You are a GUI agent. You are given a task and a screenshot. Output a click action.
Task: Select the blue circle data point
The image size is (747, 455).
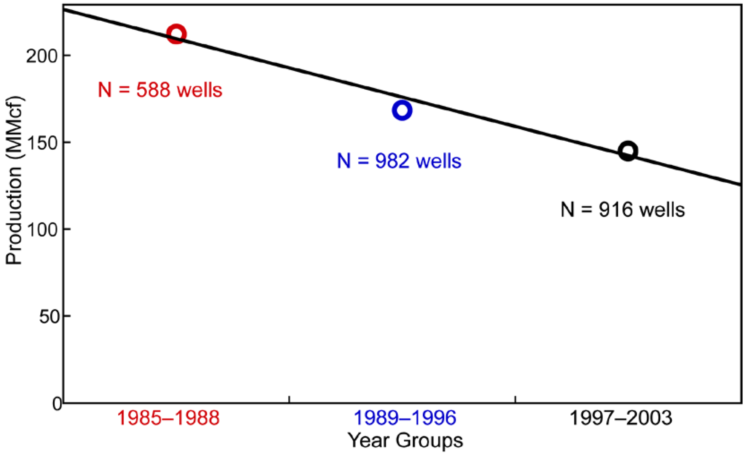point(402,110)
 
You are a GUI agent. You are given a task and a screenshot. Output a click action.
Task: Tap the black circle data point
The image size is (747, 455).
point(628,151)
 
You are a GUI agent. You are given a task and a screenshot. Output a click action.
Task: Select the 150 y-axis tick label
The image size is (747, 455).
point(42,143)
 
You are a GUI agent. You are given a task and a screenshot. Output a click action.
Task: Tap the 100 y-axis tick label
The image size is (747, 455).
point(42,230)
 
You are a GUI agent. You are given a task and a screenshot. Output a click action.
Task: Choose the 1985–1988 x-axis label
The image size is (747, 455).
point(168,418)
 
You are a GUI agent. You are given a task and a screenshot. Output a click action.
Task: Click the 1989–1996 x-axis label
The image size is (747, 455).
point(405,418)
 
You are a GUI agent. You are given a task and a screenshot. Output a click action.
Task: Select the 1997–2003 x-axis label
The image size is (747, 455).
point(621,418)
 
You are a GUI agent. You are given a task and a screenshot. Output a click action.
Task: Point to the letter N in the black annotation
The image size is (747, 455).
point(567,210)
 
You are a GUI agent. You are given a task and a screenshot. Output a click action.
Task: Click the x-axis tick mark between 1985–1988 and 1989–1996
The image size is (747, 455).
point(290,399)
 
